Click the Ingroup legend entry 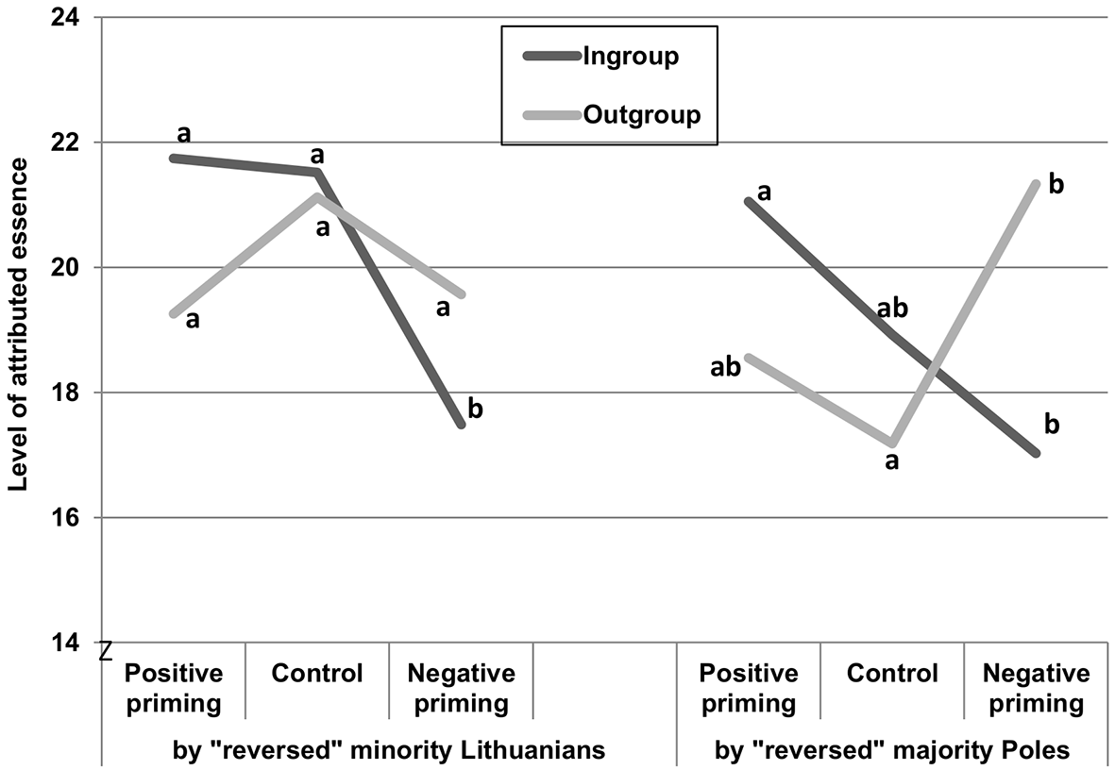[x=600, y=57]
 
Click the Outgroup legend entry [x=612, y=114]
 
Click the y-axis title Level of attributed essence [x=18, y=325]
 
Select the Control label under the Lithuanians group [x=317, y=673]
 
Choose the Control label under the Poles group [x=892, y=673]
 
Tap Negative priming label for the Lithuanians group [x=462, y=688]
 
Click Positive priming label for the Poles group [x=749, y=688]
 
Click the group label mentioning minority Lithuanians [x=389, y=750]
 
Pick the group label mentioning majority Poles [x=892, y=750]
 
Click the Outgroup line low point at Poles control [x=892, y=444]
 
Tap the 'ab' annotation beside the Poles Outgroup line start [x=725, y=367]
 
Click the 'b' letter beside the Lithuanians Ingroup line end [x=476, y=409]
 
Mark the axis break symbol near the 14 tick [x=106, y=649]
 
